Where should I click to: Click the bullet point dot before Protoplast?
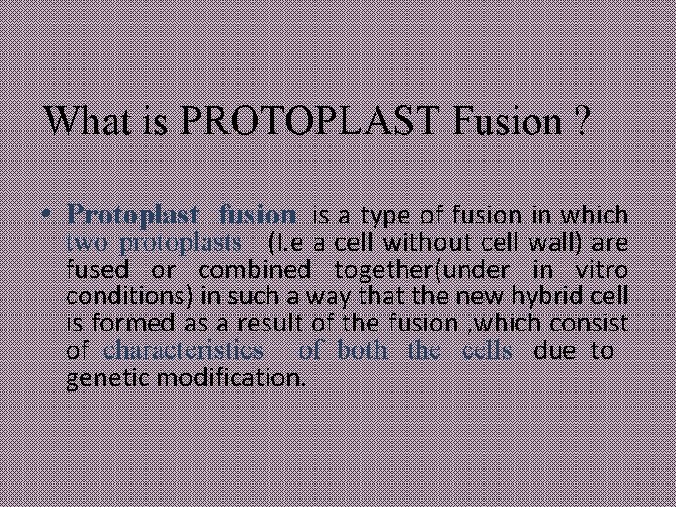(54, 216)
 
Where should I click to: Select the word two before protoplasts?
(88, 243)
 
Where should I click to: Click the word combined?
(253, 270)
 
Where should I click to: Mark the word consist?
(591, 325)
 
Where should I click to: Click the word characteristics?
(184, 352)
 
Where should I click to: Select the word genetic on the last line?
(99, 379)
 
